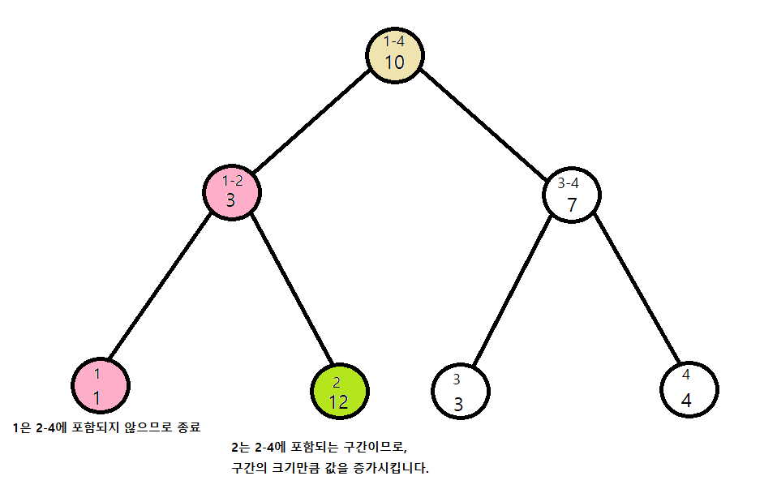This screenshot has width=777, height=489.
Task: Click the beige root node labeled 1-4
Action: click(x=394, y=55)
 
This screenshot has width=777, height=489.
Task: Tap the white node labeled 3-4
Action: click(x=572, y=195)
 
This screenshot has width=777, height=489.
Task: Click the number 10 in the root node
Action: click(x=395, y=63)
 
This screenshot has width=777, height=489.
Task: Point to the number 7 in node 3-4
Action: click(x=572, y=205)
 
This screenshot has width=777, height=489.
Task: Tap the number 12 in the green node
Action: click(x=339, y=401)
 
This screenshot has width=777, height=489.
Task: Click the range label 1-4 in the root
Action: click(x=394, y=41)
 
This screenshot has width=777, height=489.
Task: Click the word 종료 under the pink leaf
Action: click(x=187, y=427)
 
